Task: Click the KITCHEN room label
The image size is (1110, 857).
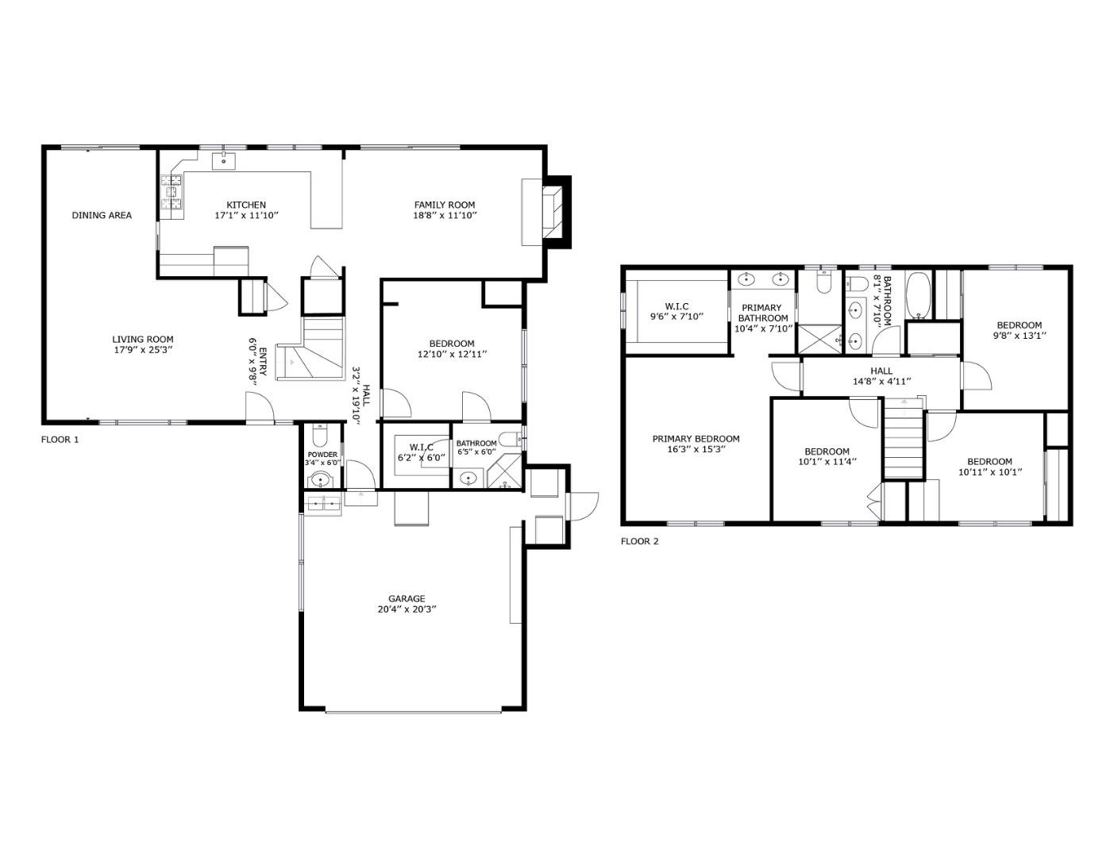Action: [245, 205]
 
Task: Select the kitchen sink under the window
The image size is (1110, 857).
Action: [224, 161]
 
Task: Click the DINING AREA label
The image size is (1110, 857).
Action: [102, 215]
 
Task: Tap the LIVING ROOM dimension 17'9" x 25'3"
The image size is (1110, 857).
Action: [143, 349]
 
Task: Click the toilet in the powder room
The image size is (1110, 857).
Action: [319, 436]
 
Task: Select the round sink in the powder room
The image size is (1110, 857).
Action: [321, 479]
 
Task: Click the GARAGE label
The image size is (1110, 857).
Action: [407, 599]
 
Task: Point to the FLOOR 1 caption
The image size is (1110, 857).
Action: [60, 439]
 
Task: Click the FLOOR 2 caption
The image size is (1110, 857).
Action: [639, 541]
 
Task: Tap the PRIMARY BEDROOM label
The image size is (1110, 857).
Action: [696, 439]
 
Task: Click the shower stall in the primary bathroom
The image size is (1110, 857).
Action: [819, 340]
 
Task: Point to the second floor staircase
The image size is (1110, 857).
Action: [904, 440]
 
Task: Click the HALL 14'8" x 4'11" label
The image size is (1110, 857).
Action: [881, 375]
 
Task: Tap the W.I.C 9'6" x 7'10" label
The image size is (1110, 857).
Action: [676, 311]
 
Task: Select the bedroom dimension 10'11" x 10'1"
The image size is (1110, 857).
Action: [989, 472]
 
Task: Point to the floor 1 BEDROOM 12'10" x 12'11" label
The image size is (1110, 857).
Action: [451, 349]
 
